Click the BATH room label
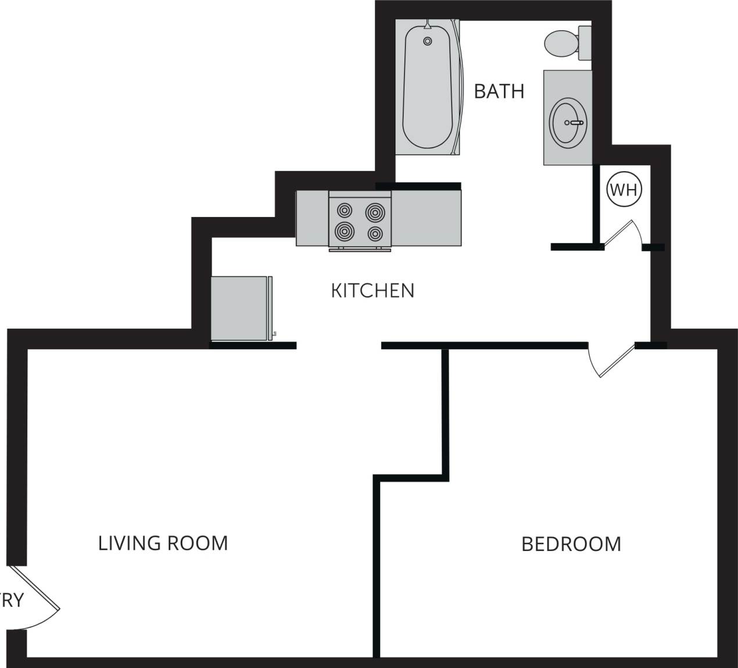499,91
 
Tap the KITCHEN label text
372,290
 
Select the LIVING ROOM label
163,543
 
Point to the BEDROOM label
571,544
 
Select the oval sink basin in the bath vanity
568,123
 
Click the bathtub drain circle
428,41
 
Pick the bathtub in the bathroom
427,87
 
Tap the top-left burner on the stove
345,210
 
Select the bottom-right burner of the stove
375,234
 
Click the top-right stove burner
375,211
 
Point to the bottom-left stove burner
344,232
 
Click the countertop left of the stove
312,218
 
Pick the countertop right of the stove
427,218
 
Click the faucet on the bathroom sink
576,123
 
